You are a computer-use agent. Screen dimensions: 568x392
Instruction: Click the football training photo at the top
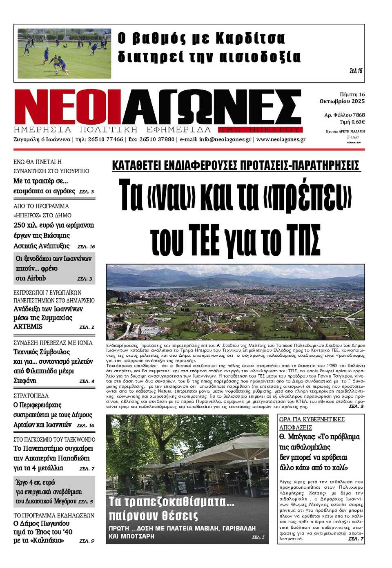click(64, 53)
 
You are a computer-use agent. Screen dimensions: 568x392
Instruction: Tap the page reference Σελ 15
click(356, 71)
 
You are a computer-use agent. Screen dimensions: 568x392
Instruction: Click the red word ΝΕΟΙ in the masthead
click(67, 107)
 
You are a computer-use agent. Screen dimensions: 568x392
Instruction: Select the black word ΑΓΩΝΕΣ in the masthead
click(212, 107)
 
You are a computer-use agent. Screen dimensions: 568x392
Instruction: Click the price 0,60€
click(358, 122)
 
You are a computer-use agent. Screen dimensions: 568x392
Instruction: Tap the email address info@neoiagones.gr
click(225, 139)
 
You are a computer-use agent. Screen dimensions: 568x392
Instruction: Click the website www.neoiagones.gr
click(281, 139)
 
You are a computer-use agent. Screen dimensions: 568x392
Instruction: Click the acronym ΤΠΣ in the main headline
click(303, 239)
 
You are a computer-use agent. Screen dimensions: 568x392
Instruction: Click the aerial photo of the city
click(235, 302)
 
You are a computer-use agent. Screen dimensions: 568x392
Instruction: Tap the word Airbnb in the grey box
click(36, 278)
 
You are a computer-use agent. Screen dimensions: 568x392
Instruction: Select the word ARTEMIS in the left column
click(28, 326)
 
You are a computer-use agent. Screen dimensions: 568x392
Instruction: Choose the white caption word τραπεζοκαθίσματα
click(171, 501)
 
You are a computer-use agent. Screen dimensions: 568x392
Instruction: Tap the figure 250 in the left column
click(19, 225)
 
